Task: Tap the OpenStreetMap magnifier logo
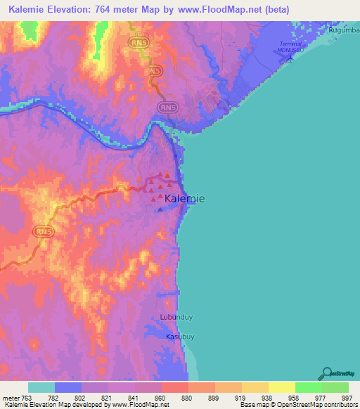(x=326, y=373)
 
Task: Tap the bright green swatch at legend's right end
(x=335, y=387)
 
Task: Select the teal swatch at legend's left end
(x=41, y=387)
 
